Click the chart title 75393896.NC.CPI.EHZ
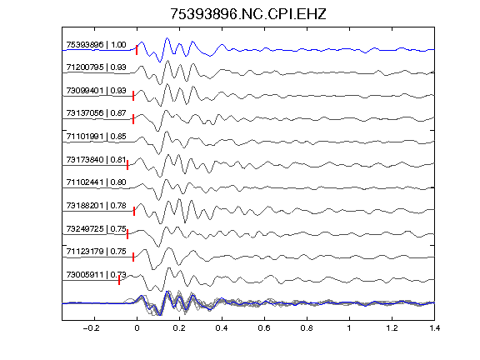(x=248, y=14)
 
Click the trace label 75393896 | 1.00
(x=96, y=45)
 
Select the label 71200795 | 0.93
(x=96, y=67)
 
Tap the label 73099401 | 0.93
(x=96, y=91)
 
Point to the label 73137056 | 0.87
(x=96, y=113)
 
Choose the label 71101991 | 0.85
(x=96, y=136)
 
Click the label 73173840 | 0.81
(x=96, y=159)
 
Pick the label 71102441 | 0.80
(x=96, y=182)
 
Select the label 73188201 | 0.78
(x=96, y=205)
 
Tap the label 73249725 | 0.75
(x=96, y=228)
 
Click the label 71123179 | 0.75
(x=96, y=252)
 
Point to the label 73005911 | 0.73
(x=96, y=275)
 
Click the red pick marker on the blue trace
(x=137, y=50)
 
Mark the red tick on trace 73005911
(x=119, y=280)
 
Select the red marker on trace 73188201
(x=134, y=211)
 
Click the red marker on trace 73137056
(x=133, y=119)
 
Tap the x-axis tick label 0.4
(x=222, y=328)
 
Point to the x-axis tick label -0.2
(x=92, y=328)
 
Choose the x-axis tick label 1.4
(x=434, y=328)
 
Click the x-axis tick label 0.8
(x=307, y=328)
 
